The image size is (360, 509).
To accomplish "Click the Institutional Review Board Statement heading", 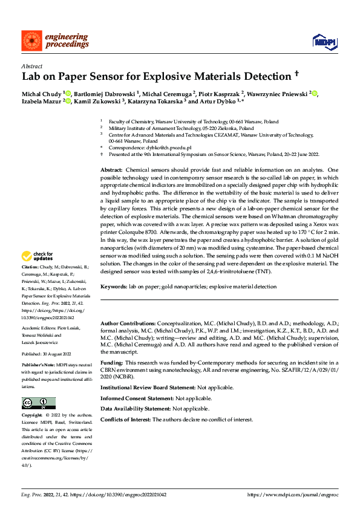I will click(x=148, y=387).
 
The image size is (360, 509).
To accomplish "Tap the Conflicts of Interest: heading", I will click(x=125, y=420).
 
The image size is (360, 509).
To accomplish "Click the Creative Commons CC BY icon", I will click(x=38, y=403).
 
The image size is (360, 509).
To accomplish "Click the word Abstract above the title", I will click(x=31, y=66).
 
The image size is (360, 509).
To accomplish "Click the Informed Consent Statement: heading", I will click(x=137, y=398).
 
